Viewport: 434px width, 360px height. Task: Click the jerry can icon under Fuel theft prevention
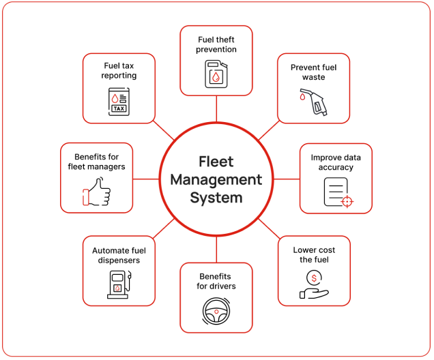coord(216,74)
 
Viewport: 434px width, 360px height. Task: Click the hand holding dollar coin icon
coord(314,285)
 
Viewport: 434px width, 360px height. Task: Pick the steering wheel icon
coord(216,310)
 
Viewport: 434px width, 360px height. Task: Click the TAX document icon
coord(119,102)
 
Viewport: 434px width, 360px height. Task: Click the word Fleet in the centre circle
coord(216,162)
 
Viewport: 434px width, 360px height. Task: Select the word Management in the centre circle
coord(216,180)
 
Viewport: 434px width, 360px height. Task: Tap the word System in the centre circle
coord(216,198)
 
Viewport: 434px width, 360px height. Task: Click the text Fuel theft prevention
coord(217,44)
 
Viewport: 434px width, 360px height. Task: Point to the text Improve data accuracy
coord(336,162)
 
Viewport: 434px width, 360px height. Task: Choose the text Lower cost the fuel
coord(314,255)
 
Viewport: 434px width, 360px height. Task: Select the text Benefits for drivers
coord(216,282)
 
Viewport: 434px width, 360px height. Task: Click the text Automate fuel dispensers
coord(119,255)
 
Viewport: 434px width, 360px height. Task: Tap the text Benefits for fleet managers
coord(96,162)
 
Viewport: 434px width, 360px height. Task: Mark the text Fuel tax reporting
coord(119,70)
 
